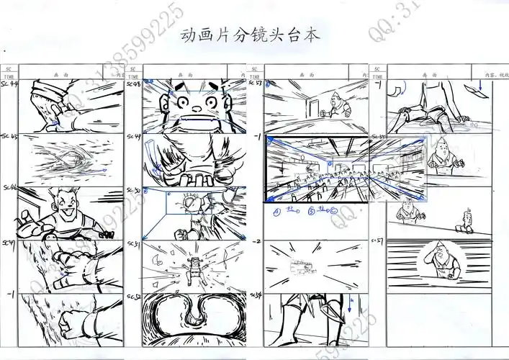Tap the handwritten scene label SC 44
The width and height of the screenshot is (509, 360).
[x=10, y=85]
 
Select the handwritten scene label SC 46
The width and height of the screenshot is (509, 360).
[x=10, y=188]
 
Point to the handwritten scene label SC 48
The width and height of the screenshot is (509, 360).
[x=134, y=84]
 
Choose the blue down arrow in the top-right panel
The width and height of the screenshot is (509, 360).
[x=492, y=89]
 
